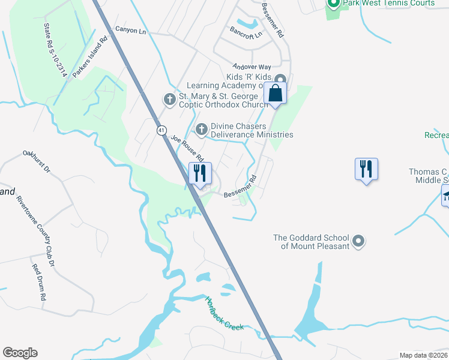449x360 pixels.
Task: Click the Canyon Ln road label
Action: [x=130, y=29]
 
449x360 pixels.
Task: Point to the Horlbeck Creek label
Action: [x=224, y=313]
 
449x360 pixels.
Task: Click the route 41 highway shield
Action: [x=161, y=130]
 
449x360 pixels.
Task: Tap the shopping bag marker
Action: [x=276, y=94]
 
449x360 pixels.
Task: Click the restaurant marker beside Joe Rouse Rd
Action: [x=200, y=173]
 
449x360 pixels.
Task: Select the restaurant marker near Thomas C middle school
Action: [x=366, y=169]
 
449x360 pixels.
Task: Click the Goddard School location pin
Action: [x=358, y=241]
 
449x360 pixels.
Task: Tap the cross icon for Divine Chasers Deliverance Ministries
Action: [x=202, y=128]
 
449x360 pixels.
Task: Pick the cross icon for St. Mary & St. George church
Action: [x=170, y=98]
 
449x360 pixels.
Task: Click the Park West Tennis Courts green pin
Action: [x=334, y=4]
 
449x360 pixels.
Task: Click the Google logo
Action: [x=20, y=353]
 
